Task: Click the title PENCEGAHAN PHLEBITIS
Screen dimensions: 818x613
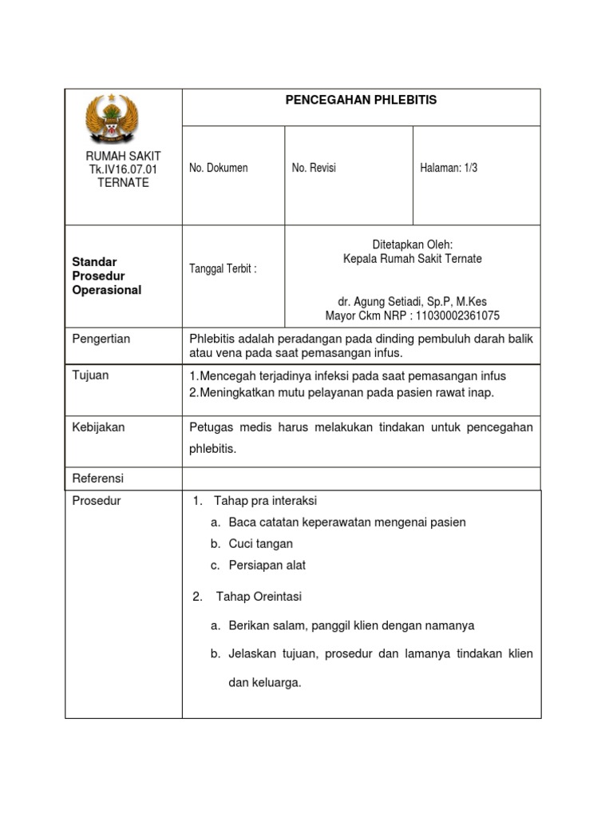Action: click(x=361, y=100)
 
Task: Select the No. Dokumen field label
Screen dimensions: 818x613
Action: click(x=218, y=168)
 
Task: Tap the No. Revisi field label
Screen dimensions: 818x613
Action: click(x=314, y=168)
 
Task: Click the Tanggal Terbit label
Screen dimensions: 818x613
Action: click(x=223, y=269)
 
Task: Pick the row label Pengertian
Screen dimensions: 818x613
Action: click(x=101, y=339)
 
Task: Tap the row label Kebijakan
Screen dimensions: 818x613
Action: click(x=98, y=427)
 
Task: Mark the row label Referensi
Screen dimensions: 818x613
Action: click(x=98, y=478)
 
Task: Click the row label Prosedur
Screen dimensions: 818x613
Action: click(x=97, y=501)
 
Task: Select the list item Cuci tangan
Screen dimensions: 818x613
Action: click(x=260, y=543)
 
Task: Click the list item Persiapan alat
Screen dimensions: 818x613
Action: click(x=267, y=565)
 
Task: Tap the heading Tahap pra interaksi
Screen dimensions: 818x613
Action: click(x=266, y=501)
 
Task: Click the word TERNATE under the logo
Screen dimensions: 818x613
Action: click(x=123, y=182)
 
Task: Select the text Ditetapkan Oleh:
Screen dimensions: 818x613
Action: click(x=412, y=244)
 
